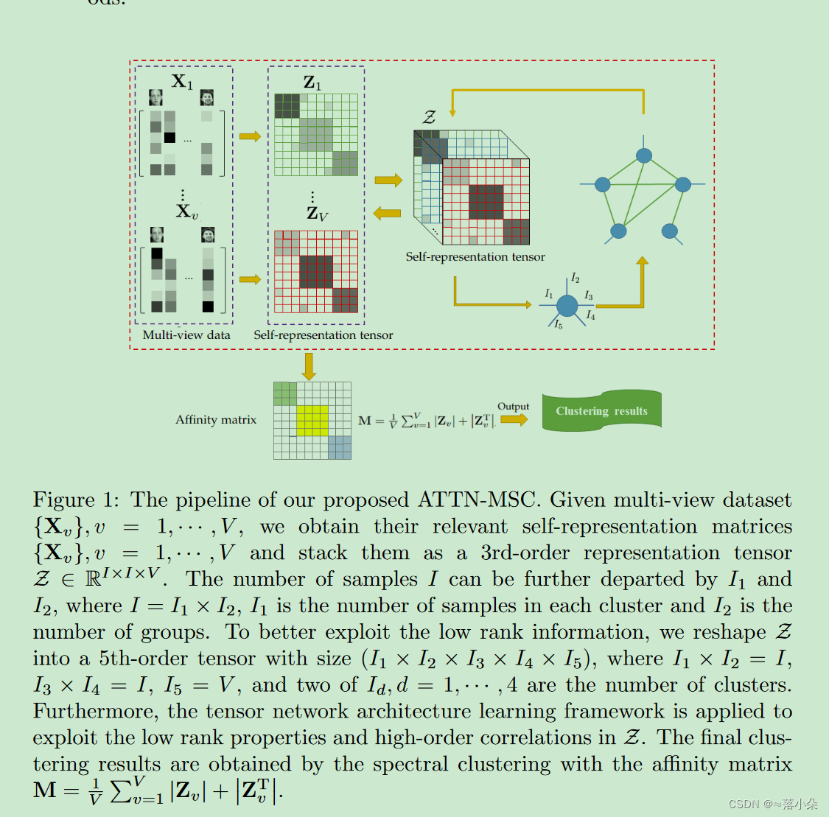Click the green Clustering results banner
tap(601, 411)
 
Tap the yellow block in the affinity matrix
tap(312, 420)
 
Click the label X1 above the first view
tap(182, 81)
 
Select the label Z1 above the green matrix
tap(312, 83)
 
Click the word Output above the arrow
tap(513, 406)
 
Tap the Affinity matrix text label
tap(216, 420)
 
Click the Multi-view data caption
tap(186, 334)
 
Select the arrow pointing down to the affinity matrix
tap(309, 366)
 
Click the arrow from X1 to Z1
tap(250, 136)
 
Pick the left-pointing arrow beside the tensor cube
tap(387, 214)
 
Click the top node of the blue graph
tap(644, 155)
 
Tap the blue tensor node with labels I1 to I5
tap(567, 305)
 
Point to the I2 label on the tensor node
tap(576, 278)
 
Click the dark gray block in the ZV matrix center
tap(315, 271)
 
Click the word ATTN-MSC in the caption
tap(476, 500)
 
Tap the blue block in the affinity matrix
tap(340, 447)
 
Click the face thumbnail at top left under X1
tap(155, 98)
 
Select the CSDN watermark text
tap(772, 804)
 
